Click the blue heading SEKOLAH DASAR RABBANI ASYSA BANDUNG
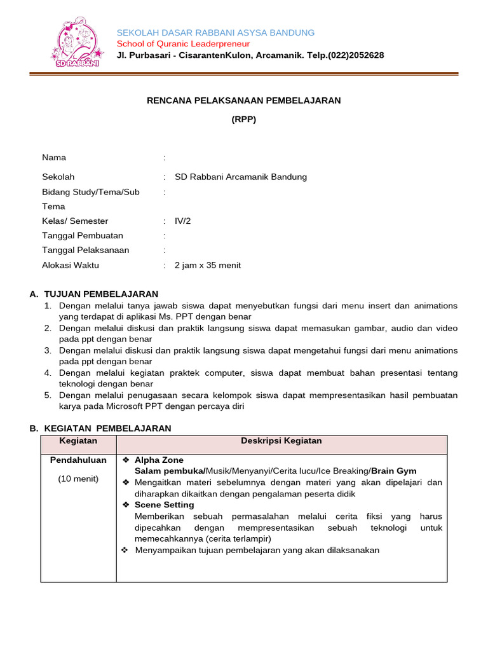click(215, 32)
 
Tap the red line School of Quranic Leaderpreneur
click(183, 44)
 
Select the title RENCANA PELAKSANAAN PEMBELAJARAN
click(244, 100)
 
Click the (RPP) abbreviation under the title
click(243, 119)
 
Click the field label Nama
click(54, 158)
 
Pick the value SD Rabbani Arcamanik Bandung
click(240, 177)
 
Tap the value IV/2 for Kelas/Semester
click(182, 221)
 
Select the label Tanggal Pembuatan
click(83, 236)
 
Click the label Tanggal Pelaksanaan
click(86, 250)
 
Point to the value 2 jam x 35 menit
click(208, 265)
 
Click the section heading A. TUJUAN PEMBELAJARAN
click(94, 294)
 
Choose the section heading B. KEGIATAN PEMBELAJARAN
click(100, 428)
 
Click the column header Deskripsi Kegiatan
click(281, 441)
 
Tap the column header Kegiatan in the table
click(78, 441)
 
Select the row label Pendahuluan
click(78, 460)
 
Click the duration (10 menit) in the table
click(78, 479)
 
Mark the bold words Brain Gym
click(394, 471)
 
